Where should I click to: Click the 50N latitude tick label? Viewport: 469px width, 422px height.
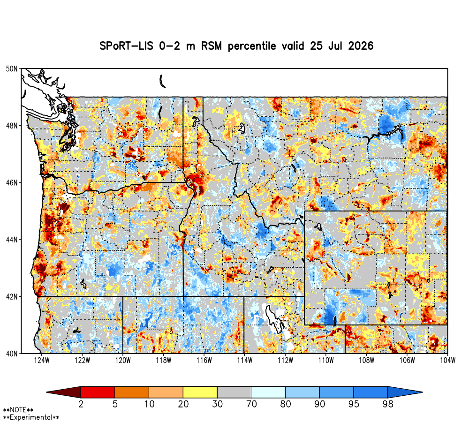(x=12, y=69)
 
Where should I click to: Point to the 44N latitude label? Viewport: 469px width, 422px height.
(x=12, y=240)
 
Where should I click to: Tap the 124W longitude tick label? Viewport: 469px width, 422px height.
(x=42, y=361)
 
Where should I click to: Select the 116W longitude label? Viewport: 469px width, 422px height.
(x=204, y=361)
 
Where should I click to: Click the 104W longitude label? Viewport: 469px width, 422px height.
(x=448, y=361)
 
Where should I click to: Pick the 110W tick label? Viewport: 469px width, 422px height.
(x=326, y=361)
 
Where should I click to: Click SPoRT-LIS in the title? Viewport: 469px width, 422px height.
(x=126, y=46)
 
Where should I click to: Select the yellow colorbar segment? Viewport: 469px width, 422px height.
(x=200, y=392)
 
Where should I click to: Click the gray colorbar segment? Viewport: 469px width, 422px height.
(x=234, y=392)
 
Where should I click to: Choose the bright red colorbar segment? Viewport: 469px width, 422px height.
(x=98, y=392)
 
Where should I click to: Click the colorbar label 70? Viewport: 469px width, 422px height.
(x=251, y=404)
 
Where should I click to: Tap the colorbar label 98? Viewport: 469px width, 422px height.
(x=388, y=404)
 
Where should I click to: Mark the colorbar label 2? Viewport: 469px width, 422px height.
(x=81, y=404)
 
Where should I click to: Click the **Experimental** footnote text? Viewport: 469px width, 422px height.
(x=31, y=417)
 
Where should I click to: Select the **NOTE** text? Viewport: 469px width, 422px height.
(x=18, y=410)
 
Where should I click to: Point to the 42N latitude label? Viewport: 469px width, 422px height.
(x=12, y=297)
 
